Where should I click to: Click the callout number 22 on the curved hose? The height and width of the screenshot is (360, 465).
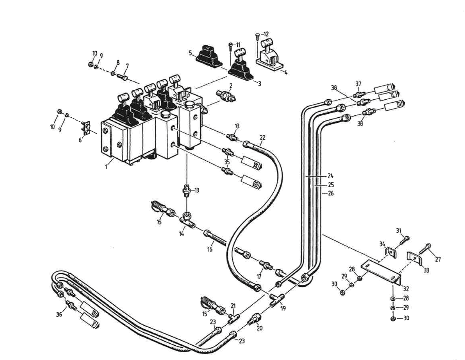262,137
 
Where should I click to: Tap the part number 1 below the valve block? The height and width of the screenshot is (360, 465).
107,167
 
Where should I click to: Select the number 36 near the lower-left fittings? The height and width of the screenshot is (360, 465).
59,314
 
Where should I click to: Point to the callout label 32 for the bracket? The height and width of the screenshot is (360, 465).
406,289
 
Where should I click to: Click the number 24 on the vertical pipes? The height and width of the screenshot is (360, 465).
331,176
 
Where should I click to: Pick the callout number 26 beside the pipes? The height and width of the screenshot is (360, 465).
331,193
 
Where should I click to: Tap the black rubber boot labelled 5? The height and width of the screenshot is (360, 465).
209,56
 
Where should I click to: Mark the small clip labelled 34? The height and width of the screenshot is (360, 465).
390,252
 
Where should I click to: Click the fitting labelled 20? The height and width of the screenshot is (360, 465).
254,320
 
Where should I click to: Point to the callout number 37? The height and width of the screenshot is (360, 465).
358,84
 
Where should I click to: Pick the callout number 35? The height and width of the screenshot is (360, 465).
227,162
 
